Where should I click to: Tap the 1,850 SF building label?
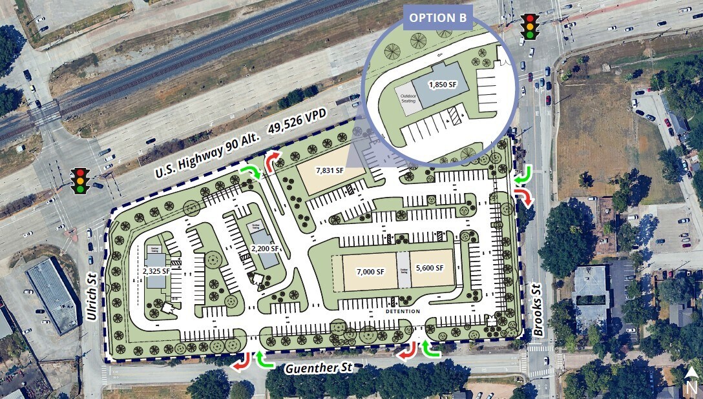443,84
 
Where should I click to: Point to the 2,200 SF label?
266,248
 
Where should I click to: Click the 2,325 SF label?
156,271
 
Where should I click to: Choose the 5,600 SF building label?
430,268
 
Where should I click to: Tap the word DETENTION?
403,311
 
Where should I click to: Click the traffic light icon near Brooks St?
530,26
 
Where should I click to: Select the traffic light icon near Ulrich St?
81,180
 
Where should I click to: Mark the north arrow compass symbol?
691,380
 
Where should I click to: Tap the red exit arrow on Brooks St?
524,196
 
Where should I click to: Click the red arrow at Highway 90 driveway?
274,159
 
